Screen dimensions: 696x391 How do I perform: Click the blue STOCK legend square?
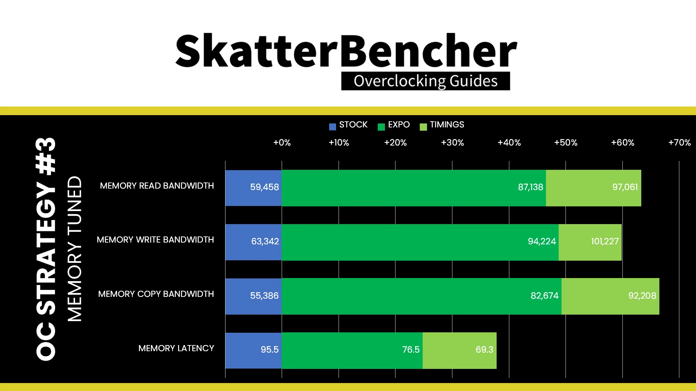332,127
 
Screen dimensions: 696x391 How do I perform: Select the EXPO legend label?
399,125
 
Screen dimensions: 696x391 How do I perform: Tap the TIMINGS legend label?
447,125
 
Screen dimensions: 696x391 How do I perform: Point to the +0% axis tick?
282,143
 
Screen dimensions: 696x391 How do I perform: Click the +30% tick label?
452,143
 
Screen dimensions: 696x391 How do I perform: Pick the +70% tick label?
679,143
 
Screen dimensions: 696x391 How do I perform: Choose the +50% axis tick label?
566,143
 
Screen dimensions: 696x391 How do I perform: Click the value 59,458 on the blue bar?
265,187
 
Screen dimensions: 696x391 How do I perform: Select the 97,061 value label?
625,187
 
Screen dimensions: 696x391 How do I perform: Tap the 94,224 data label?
542,241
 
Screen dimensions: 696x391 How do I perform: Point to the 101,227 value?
605,241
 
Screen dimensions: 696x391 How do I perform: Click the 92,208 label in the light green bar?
642,296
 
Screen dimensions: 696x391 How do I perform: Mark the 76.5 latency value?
411,350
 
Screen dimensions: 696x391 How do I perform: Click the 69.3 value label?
484,350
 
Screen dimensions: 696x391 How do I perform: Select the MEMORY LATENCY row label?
176,348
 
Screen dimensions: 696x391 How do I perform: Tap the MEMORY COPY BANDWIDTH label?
156,294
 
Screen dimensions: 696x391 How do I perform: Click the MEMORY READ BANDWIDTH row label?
157,186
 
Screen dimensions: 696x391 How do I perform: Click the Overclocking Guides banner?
426,81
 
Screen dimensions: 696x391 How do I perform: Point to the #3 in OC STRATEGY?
46,156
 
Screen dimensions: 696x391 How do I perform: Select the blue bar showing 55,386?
253,296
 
